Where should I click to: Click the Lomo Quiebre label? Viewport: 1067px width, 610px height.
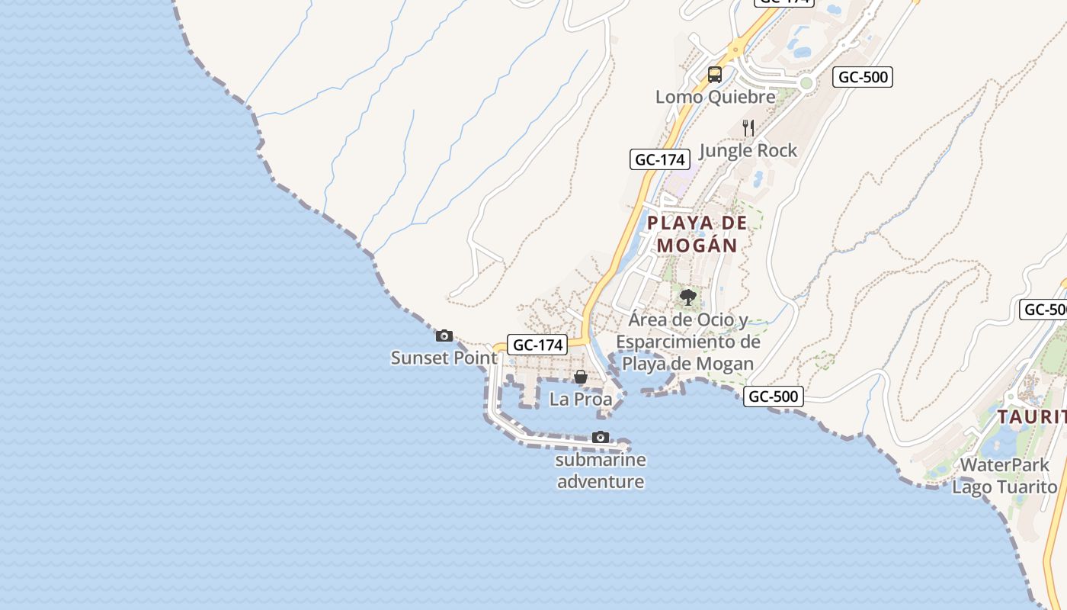click(715, 97)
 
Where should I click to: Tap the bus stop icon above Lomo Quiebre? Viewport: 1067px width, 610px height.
click(715, 75)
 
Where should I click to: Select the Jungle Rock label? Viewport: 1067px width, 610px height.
click(748, 150)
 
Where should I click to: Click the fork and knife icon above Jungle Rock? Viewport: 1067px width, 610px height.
click(748, 128)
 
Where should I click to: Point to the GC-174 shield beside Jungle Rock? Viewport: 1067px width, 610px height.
click(660, 159)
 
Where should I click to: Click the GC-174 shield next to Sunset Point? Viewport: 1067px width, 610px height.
click(537, 345)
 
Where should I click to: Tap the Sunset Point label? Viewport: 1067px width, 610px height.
click(444, 358)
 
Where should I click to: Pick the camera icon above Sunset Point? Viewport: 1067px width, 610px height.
click(444, 335)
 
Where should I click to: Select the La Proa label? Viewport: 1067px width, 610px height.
click(581, 399)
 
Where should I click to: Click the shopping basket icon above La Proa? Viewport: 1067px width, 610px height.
click(581, 377)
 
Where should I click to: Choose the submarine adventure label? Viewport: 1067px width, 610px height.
click(601, 470)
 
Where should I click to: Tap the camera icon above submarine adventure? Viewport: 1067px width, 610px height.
click(601, 438)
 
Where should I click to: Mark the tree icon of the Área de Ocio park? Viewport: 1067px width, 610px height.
click(688, 297)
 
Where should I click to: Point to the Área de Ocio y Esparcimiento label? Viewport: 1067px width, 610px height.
click(688, 341)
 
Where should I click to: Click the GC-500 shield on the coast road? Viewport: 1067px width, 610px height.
click(774, 396)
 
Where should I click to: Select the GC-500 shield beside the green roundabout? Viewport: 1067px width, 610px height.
click(863, 76)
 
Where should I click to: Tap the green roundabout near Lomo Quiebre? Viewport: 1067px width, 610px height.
click(806, 83)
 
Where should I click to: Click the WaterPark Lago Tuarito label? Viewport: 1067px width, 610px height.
click(1005, 476)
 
